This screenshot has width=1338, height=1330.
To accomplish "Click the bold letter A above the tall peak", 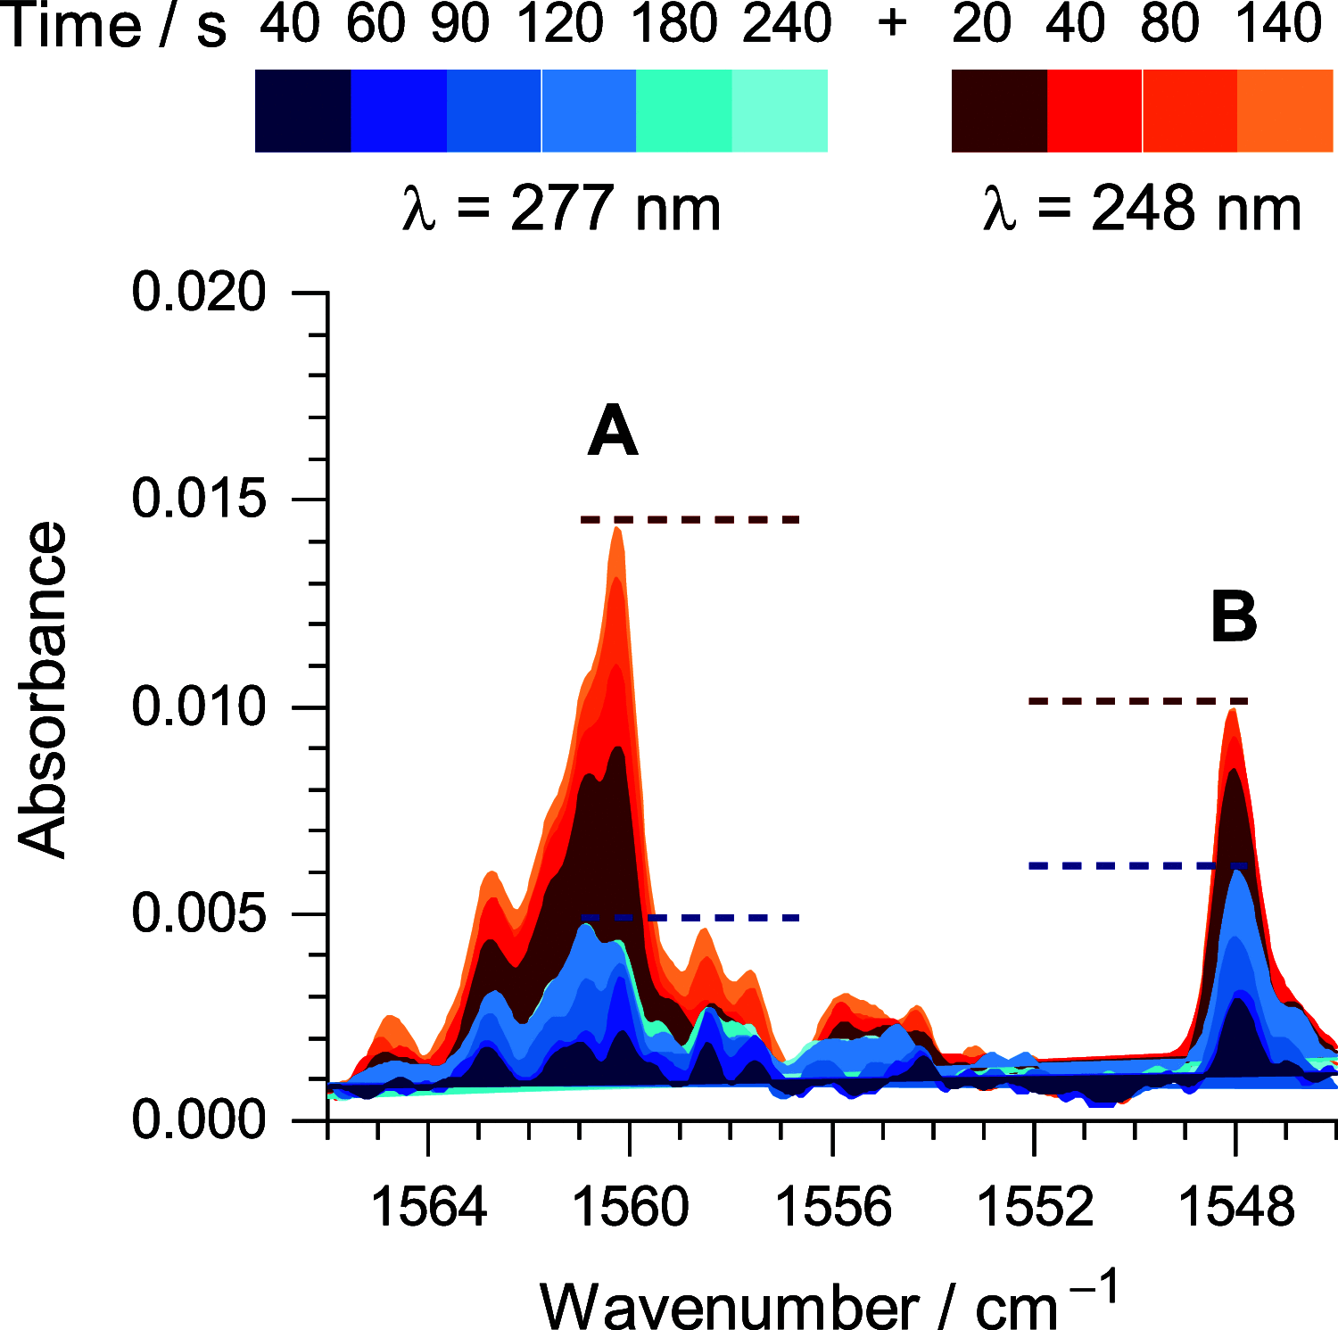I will click(613, 432).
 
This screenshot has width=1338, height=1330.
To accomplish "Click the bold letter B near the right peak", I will click(1234, 617).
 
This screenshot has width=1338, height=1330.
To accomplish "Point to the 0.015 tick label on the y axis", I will click(199, 499).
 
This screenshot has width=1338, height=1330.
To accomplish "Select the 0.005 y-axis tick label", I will click(199, 914).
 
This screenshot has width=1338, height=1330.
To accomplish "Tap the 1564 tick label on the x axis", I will click(428, 1207).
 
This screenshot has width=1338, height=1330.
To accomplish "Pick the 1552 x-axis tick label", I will click(1034, 1207).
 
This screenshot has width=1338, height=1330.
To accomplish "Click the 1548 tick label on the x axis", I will click(1235, 1207).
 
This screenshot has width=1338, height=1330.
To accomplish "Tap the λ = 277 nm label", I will click(561, 210).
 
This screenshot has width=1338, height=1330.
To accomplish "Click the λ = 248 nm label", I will click(1142, 210).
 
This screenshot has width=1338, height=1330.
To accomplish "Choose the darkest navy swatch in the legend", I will click(302, 111).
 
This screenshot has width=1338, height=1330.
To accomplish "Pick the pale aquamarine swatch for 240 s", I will click(780, 111).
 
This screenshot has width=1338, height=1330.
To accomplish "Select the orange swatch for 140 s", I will click(1284, 111).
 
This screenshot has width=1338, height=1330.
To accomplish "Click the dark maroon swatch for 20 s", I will click(999, 111).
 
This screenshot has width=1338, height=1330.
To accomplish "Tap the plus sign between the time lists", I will click(892, 24).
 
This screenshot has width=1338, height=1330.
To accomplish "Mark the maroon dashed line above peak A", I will click(690, 519).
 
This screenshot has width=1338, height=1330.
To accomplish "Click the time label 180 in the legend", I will click(674, 24).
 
